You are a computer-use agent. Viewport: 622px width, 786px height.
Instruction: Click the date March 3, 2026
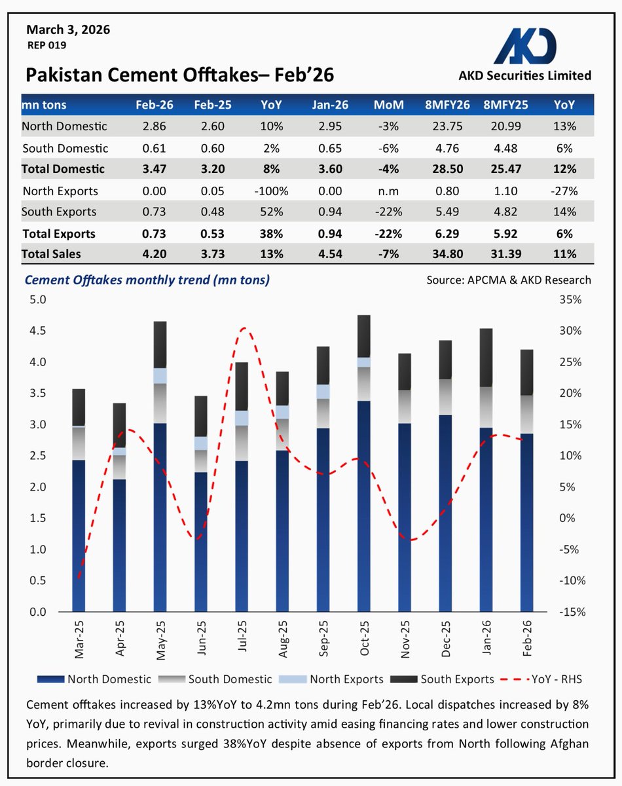(x=68, y=29)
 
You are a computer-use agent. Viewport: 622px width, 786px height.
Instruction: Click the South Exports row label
(x=59, y=212)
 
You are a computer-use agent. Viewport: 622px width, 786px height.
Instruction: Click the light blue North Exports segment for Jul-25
(x=241, y=418)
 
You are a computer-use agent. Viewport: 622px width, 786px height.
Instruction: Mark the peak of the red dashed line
(x=243, y=328)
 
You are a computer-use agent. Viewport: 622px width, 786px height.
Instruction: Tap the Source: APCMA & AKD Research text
(x=508, y=280)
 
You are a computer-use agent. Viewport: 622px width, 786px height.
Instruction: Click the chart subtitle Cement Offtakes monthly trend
(x=147, y=280)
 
